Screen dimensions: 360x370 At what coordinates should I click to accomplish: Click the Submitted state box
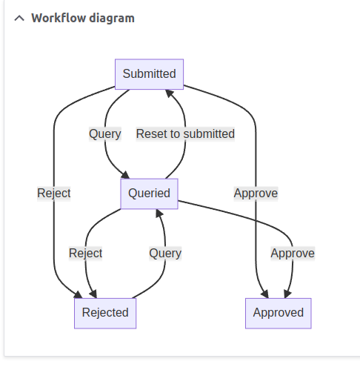(149, 74)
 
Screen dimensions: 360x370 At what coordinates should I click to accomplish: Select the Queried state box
(149, 194)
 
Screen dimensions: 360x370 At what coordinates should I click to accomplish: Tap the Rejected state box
(105, 313)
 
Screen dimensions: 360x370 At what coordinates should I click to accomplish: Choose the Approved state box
(279, 313)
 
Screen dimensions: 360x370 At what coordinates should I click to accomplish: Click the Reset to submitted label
(185, 133)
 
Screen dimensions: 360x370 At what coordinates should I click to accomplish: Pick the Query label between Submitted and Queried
(105, 134)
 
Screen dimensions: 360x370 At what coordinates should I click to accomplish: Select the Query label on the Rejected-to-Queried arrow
(165, 254)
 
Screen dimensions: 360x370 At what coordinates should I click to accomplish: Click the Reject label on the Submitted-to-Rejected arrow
(54, 194)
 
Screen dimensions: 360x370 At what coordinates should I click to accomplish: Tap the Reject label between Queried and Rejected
(85, 254)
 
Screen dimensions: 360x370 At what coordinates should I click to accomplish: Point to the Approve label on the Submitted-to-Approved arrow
(256, 194)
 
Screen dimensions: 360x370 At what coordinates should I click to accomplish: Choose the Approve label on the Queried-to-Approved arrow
(293, 254)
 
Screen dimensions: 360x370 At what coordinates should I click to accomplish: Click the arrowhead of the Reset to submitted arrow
(170, 93)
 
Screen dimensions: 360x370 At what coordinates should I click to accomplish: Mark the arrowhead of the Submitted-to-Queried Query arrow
(125, 175)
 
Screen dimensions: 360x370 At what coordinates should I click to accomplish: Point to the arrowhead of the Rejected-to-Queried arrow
(159, 213)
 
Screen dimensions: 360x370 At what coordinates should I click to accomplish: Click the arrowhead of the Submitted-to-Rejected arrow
(79, 294)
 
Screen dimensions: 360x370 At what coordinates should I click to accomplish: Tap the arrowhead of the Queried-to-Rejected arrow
(93, 294)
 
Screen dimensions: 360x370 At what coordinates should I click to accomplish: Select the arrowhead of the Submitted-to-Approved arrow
(264, 294)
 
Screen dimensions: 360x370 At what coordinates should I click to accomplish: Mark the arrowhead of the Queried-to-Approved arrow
(287, 294)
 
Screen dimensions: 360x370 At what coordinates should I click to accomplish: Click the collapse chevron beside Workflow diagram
(19, 19)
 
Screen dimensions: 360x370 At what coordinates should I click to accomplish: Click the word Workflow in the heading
(59, 18)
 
